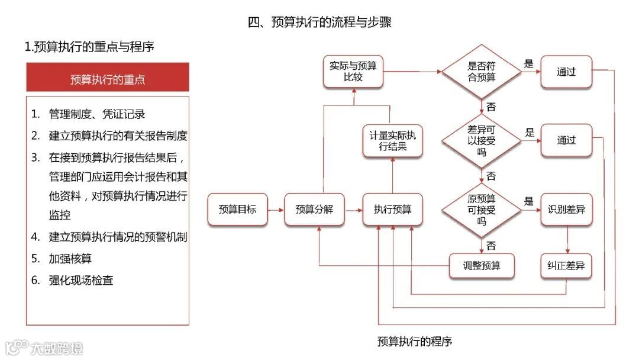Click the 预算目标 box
coord(237,209)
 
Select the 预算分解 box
coord(314,209)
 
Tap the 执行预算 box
coord(392,209)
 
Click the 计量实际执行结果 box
coord(392,141)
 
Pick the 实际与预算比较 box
coord(353,72)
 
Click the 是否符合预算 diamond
coord(482,72)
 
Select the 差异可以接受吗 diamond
coord(482,140)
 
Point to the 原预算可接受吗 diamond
coord(482,209)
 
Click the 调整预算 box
coord(482,266)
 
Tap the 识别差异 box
coord(566,209)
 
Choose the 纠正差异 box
coord(566,266)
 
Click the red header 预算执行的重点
coord(108,79)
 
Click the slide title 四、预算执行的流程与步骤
coord(319,22)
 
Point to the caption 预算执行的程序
coord(414,342)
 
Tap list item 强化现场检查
coord(80,280)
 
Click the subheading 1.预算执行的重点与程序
coord(89,47)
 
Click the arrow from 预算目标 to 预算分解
coord(275,209)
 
